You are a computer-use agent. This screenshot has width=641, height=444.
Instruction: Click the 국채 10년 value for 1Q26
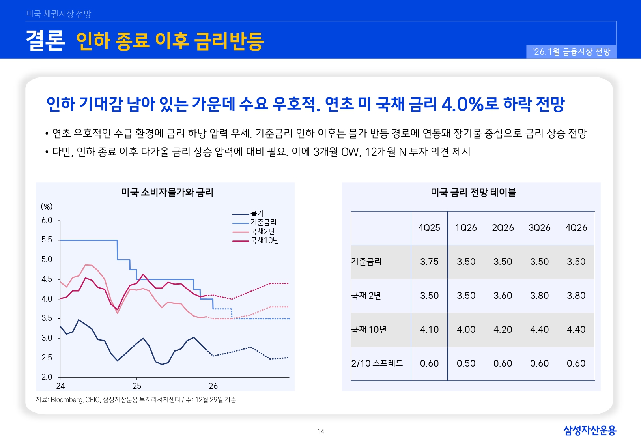(x=466, y=330)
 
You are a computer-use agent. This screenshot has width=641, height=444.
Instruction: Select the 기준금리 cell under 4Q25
(x=429, y=262)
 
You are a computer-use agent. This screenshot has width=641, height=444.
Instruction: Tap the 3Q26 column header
(x=539, y=228)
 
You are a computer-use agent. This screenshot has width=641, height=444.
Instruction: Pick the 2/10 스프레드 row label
(x=377, y=363)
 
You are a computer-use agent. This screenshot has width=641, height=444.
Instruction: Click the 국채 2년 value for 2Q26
(x=503, y=296)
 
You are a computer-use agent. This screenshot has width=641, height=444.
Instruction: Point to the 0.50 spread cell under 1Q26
(x=466, y=363)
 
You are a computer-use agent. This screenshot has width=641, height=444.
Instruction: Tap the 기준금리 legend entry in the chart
(x=263, y=223)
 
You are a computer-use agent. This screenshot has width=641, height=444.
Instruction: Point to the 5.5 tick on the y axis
(x=47, y=240)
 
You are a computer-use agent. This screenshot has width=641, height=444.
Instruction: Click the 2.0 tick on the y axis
(x=47, y=377)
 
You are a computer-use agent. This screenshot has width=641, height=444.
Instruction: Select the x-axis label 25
(x=137, y=386)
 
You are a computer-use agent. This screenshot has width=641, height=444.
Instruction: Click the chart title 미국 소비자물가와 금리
(x=167, y=193)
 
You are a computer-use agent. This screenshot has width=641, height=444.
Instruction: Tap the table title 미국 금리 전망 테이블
(x=473, y=193)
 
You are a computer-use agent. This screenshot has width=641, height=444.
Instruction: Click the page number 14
(x=320, y=431)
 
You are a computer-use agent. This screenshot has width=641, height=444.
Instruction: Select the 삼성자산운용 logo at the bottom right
(x=589, y=430)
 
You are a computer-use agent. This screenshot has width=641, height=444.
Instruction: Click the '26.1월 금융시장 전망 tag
(x=571, y=52)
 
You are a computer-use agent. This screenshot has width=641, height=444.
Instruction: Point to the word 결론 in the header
(x=45, y=41)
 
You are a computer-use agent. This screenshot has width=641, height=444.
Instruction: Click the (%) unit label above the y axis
(x=47, y=207)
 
